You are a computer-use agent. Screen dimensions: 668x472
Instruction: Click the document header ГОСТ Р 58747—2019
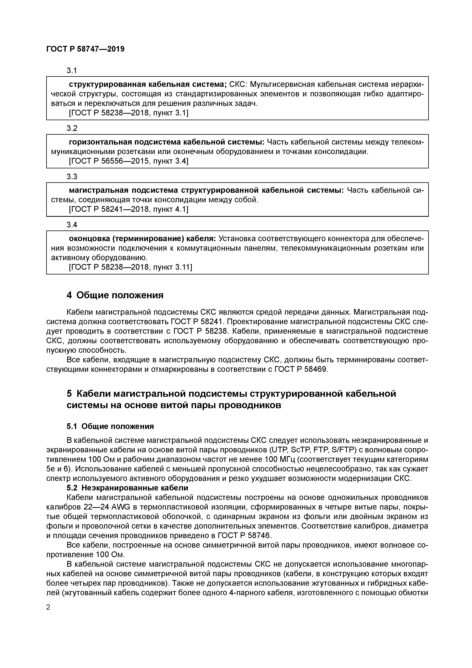85,49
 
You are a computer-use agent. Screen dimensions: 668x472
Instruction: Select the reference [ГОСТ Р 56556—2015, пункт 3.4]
128,161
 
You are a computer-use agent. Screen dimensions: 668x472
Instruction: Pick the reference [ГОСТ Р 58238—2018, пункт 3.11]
130,267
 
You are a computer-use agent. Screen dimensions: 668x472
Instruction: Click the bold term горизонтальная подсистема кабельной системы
166,142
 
